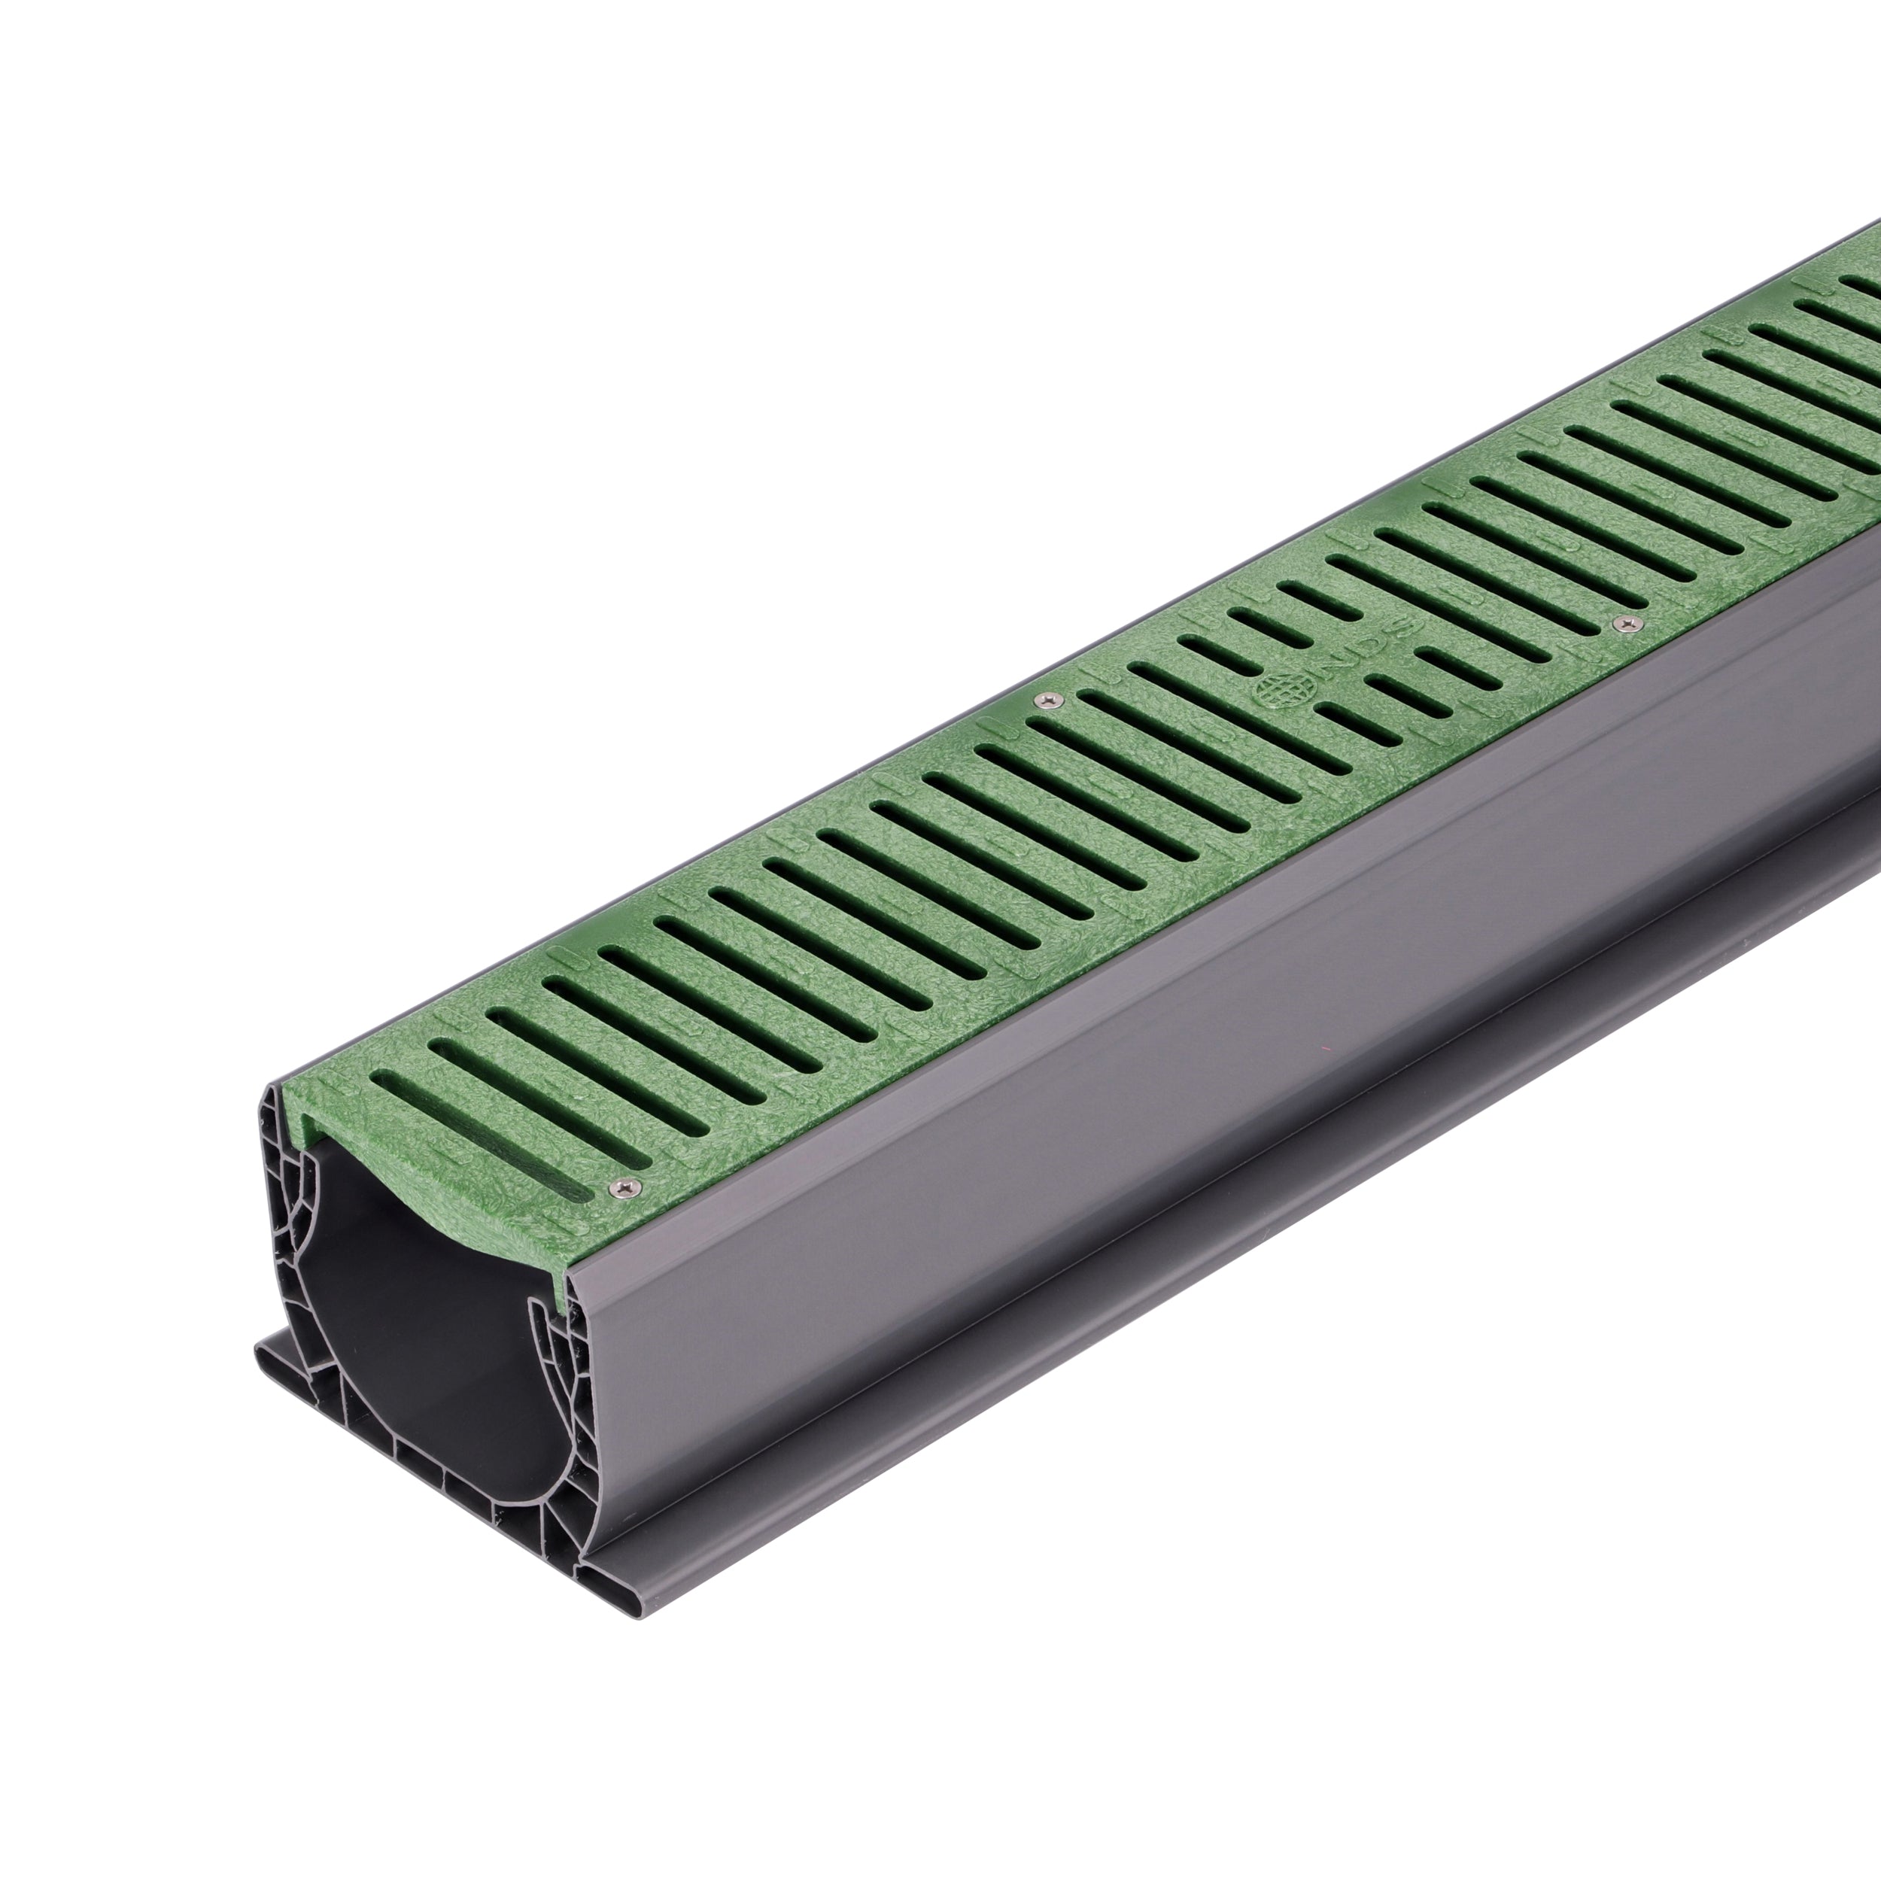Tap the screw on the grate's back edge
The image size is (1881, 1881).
click(1047, 699)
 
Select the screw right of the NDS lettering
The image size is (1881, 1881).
click(1621, 622)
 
